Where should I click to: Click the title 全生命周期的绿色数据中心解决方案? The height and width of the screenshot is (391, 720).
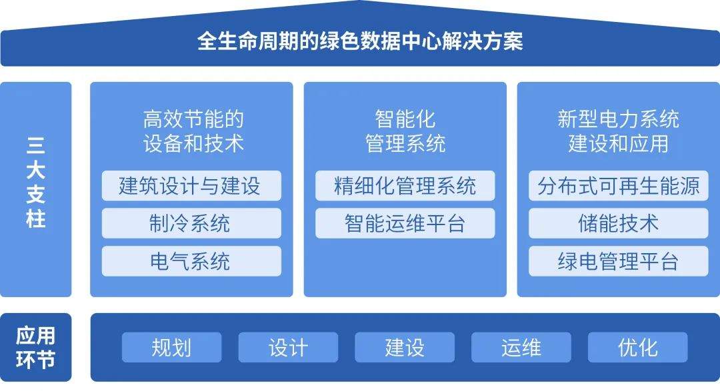click(x=360, y=41)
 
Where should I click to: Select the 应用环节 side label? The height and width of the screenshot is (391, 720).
click(x=36, y=347)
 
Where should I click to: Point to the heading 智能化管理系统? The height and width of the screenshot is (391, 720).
click(x=405, y=131)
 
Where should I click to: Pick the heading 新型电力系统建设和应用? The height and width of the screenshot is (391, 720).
click(x=618, y=131)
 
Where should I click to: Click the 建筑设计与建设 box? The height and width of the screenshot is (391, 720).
click(x=191, y=186)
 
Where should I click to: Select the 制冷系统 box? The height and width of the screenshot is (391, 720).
click(x=191, y=223)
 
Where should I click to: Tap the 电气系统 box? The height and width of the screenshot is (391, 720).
click(x=191, y=261)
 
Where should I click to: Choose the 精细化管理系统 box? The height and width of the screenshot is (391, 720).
click(x=405, y=186)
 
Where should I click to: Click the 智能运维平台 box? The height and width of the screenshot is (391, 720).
click(x=405, y=223)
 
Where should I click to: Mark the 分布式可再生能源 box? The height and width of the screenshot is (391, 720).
click(x=619, y=186)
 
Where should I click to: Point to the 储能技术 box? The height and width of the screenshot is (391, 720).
click(x=619, y=223)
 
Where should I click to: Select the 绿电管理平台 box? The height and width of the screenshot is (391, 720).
click(x=619, y=261)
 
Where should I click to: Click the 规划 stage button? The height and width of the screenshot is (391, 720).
click(x=171, y=347)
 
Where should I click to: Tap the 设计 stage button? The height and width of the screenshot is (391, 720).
click(x=288, y=347)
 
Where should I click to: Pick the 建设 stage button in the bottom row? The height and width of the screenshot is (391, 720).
click(x=405, y=347)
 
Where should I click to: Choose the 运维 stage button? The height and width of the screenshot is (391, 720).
click(x=521, y=347)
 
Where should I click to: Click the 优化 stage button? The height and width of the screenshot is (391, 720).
click(x=638, y=347)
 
